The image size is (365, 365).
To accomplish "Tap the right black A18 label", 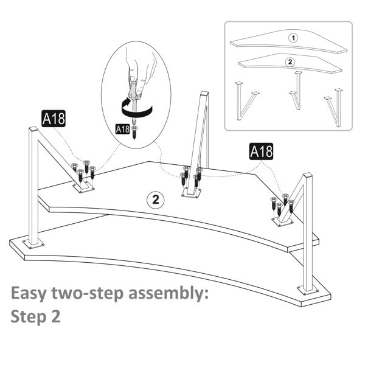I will pyautogui.click(x=261, y=151).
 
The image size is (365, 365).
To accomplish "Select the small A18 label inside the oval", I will pyautogui.click(x=122, y=128).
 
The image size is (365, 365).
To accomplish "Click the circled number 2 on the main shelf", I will pyautogui.click(x=155, y=200).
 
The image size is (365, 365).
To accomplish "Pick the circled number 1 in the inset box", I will pyautogui.click(x=293, y=38).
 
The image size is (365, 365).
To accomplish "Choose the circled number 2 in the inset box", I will pyautogui.click(x=290, y=61).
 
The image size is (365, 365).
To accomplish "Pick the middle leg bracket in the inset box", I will pyautogui.click(x=297, y=91).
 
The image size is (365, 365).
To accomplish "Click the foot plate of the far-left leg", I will pyautogui.click(x=33, y=245).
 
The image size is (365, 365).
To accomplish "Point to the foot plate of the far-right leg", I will pyautogui.click(x=308, y=290).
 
